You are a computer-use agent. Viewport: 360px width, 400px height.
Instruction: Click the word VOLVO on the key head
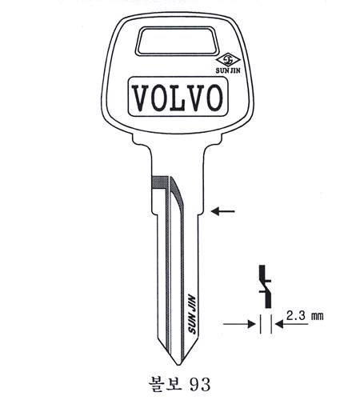pyautogui.click(x=178, y=98)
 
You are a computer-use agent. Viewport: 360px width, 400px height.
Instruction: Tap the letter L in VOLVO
pyautogui.click(x=178, y=98)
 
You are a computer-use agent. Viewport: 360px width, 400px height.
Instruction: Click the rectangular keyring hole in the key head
pyautogui.click(x=176, y=41)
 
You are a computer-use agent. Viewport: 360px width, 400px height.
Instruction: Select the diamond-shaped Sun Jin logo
pyautogui.click(x=228, y=60)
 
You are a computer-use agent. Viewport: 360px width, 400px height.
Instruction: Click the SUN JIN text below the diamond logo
pyautogui.click(x=228, y=70)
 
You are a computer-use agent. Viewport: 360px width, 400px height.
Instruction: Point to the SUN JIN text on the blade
pyautogui.click(x=192, y=314)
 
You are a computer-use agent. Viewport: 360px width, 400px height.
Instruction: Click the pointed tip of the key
pyautogui.click(x=178, y=365)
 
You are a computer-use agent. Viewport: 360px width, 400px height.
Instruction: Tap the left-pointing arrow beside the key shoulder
pyautogui.click(x=222, y=211)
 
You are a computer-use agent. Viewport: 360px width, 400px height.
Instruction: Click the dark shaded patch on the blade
pyautogui.click(x=160, y=183)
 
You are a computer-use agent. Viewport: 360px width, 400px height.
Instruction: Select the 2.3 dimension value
pyautogui.click(x=296, y=316)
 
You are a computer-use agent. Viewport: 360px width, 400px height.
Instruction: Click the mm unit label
pyautogui.click(x=318, y=317)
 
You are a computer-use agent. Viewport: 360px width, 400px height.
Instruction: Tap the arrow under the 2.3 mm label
pyautogui.click(x=291, y=324)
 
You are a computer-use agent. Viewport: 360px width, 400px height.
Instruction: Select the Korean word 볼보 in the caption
pyautogui.click(x=166, y=384)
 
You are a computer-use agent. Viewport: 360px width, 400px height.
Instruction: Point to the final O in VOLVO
pyautogui.click(x=214, y=98)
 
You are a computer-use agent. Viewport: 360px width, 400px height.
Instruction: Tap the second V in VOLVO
pyautogui.click(x=196, y=98)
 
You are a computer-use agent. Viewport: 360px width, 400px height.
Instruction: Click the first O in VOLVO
pyautogui.click(x=158, y=98)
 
